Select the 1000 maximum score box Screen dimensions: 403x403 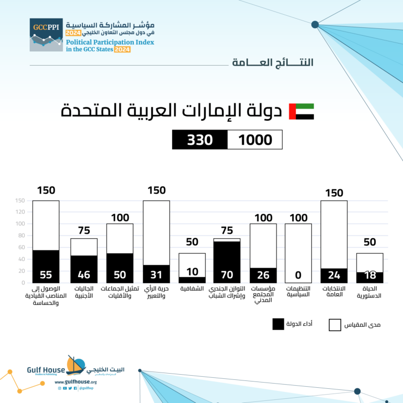(x=255, y=140)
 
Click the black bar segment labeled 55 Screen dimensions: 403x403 (x=46, y=267)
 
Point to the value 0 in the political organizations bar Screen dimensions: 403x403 (x=298, y=274)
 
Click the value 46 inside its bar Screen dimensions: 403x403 (x=84, y=274)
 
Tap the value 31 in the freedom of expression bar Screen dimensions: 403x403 (x=156, y=274)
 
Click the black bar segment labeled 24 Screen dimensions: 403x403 (x=334, y=275)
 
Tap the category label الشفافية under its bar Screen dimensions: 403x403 (x=192, y=289)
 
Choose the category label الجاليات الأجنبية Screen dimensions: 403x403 (x=84, y=292)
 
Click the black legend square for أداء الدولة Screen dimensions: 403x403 (x=278, y=325)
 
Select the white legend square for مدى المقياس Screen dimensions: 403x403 (x=335, y=325)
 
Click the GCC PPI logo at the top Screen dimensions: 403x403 (x=46, y=35)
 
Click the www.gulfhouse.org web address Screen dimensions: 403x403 (x=76, y=382)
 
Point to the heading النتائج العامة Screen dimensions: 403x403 (x=272, y=62)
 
